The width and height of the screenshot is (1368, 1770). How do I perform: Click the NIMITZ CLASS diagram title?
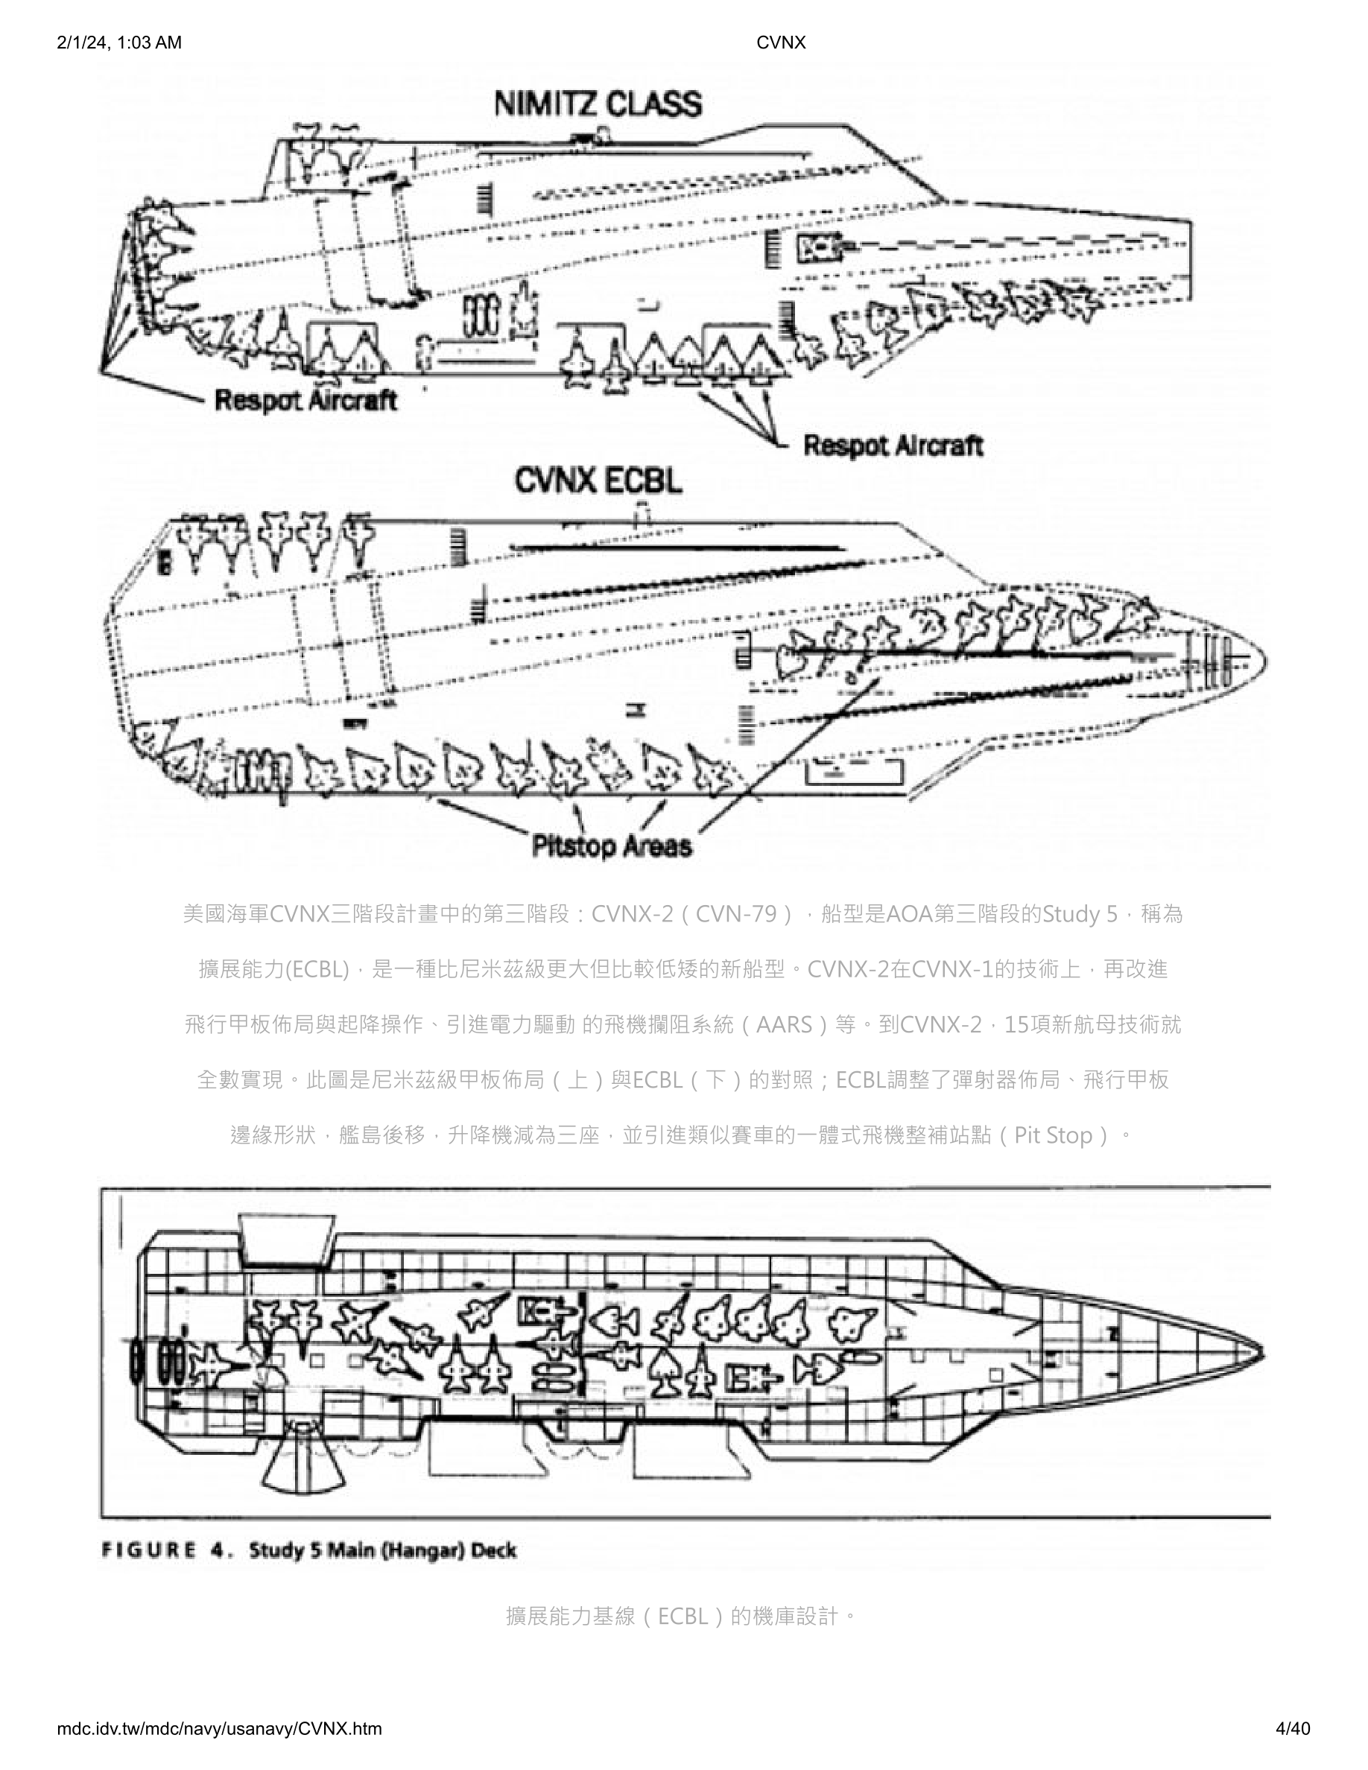[598, 105]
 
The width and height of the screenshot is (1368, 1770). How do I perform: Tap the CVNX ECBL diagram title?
[598, 481]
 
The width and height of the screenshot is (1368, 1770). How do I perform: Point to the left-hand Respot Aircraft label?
[305, 400]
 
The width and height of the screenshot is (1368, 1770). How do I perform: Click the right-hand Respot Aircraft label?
[893, 445]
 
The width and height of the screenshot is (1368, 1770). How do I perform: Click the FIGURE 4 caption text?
[308, 1550]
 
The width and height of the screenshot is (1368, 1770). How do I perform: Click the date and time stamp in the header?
[120, 43]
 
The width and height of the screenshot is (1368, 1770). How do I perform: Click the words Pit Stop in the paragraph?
[1054, 1135]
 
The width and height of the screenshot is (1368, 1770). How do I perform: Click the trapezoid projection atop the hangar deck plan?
[287, 1237]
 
